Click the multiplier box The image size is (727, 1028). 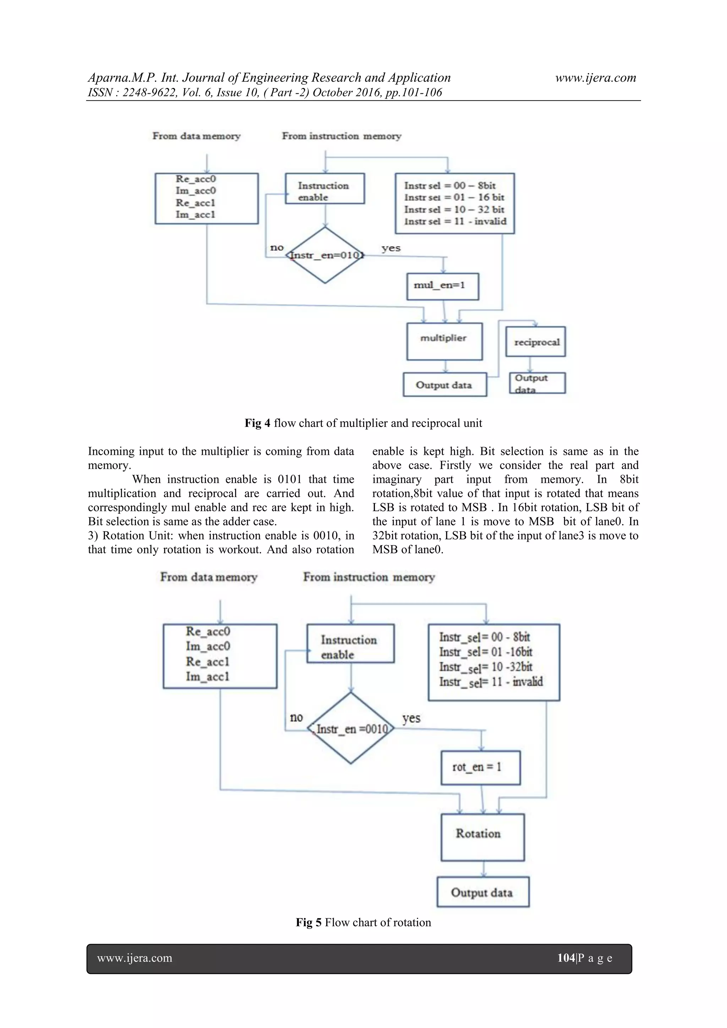[444, 341]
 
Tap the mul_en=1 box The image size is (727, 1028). [442, 286]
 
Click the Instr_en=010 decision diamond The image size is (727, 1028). [325, 255]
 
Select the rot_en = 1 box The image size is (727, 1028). [480, 767]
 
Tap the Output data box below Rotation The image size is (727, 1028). [482, 892]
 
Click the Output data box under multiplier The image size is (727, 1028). [444, 385]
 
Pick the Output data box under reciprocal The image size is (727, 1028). [537, 383]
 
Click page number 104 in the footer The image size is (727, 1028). [566, 958]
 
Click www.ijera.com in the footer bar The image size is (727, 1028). [135, 958]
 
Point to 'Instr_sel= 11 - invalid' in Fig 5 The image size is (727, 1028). [491, 682]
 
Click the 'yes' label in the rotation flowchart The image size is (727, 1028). [411, 718]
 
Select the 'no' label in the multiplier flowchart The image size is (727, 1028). [277, 248]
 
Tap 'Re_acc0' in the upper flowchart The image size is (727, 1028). [196, 179]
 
